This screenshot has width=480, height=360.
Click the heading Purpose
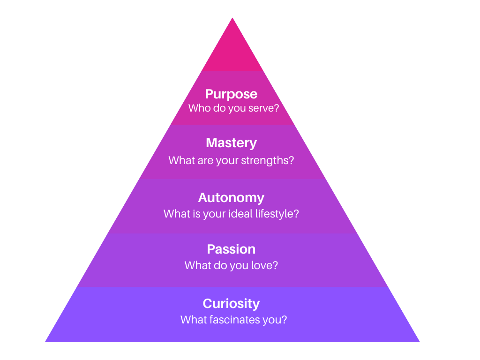tap(231, 94)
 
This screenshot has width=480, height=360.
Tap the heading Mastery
tap(231, 143)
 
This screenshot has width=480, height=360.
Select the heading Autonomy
tap(231, 198)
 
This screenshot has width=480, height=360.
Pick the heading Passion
tap(231, 249)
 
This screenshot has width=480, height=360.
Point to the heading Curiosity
tap(231, 304)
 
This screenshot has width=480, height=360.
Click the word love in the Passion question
tap(261, 265)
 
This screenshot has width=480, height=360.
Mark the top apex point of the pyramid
tap(232, 18)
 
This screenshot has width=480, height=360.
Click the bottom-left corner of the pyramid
tap(45, 342)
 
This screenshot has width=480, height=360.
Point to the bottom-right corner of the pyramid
tap(420, 342)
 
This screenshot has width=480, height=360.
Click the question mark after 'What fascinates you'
tap(285, 320)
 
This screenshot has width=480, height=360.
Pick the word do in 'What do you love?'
tap(220, 265)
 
